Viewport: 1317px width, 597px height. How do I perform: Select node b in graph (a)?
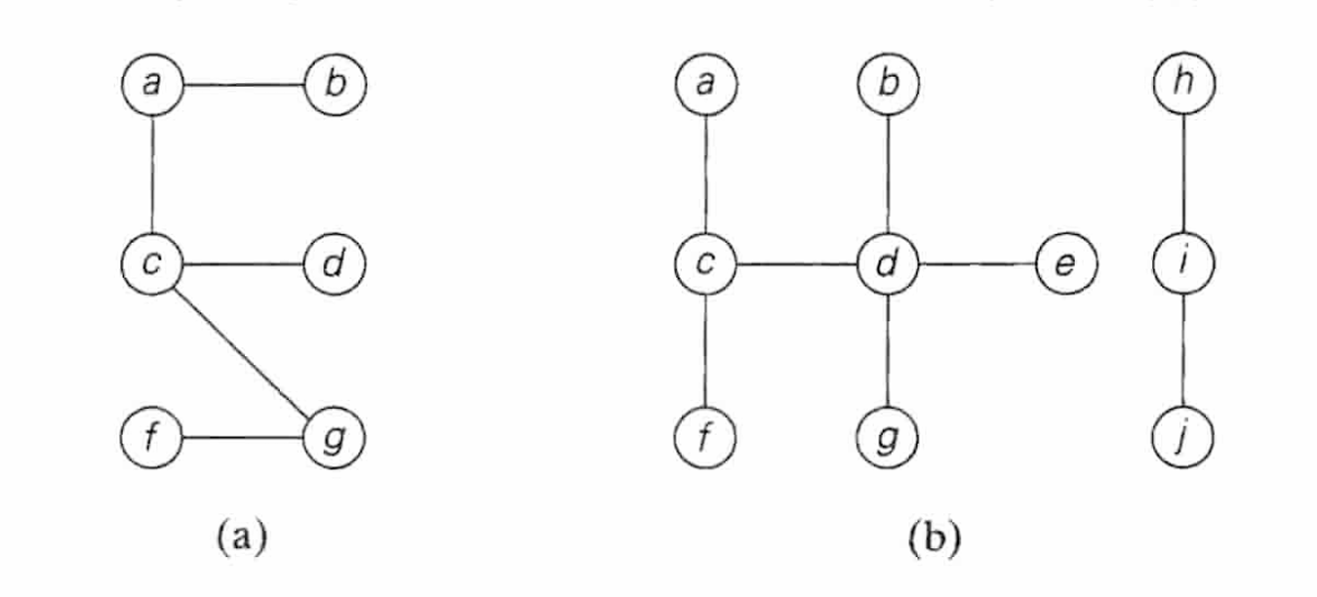click(x=336, y=84)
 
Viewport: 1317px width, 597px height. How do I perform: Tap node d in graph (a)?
click(x=336, y=263)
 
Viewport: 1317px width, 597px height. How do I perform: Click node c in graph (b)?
click(x=705, y=263)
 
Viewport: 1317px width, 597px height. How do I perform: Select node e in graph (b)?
click(x=1066, y=263)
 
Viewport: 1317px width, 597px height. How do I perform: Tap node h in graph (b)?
click(x=1182, y=84)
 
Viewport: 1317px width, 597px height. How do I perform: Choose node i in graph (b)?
click(x=1182, y=263)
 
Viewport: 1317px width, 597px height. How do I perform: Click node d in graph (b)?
click(x=887, y=263)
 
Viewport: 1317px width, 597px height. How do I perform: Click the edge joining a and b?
click(x=244, y=84)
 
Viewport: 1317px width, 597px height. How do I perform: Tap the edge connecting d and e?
click(x=977, y=263)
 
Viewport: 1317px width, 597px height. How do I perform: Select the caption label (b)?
click(x=934, y=537)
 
